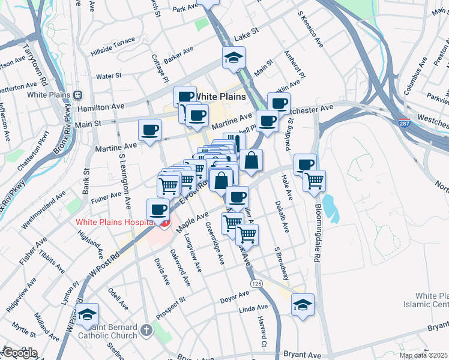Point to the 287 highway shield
click(406, 123)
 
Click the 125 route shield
click(256, 283)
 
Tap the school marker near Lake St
click(232, 59)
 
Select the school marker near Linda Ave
click(303, 304)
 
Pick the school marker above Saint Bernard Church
click(88, 314)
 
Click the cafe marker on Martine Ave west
click(149, 130)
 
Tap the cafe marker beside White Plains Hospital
click(158, 210)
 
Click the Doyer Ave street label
click(234, 297)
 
